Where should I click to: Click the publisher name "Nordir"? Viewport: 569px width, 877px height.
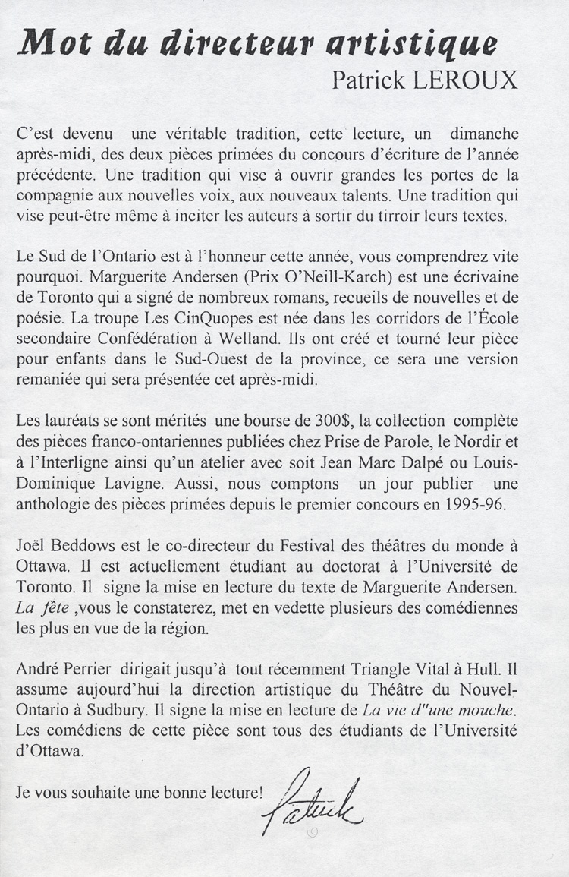coord(474,440)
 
